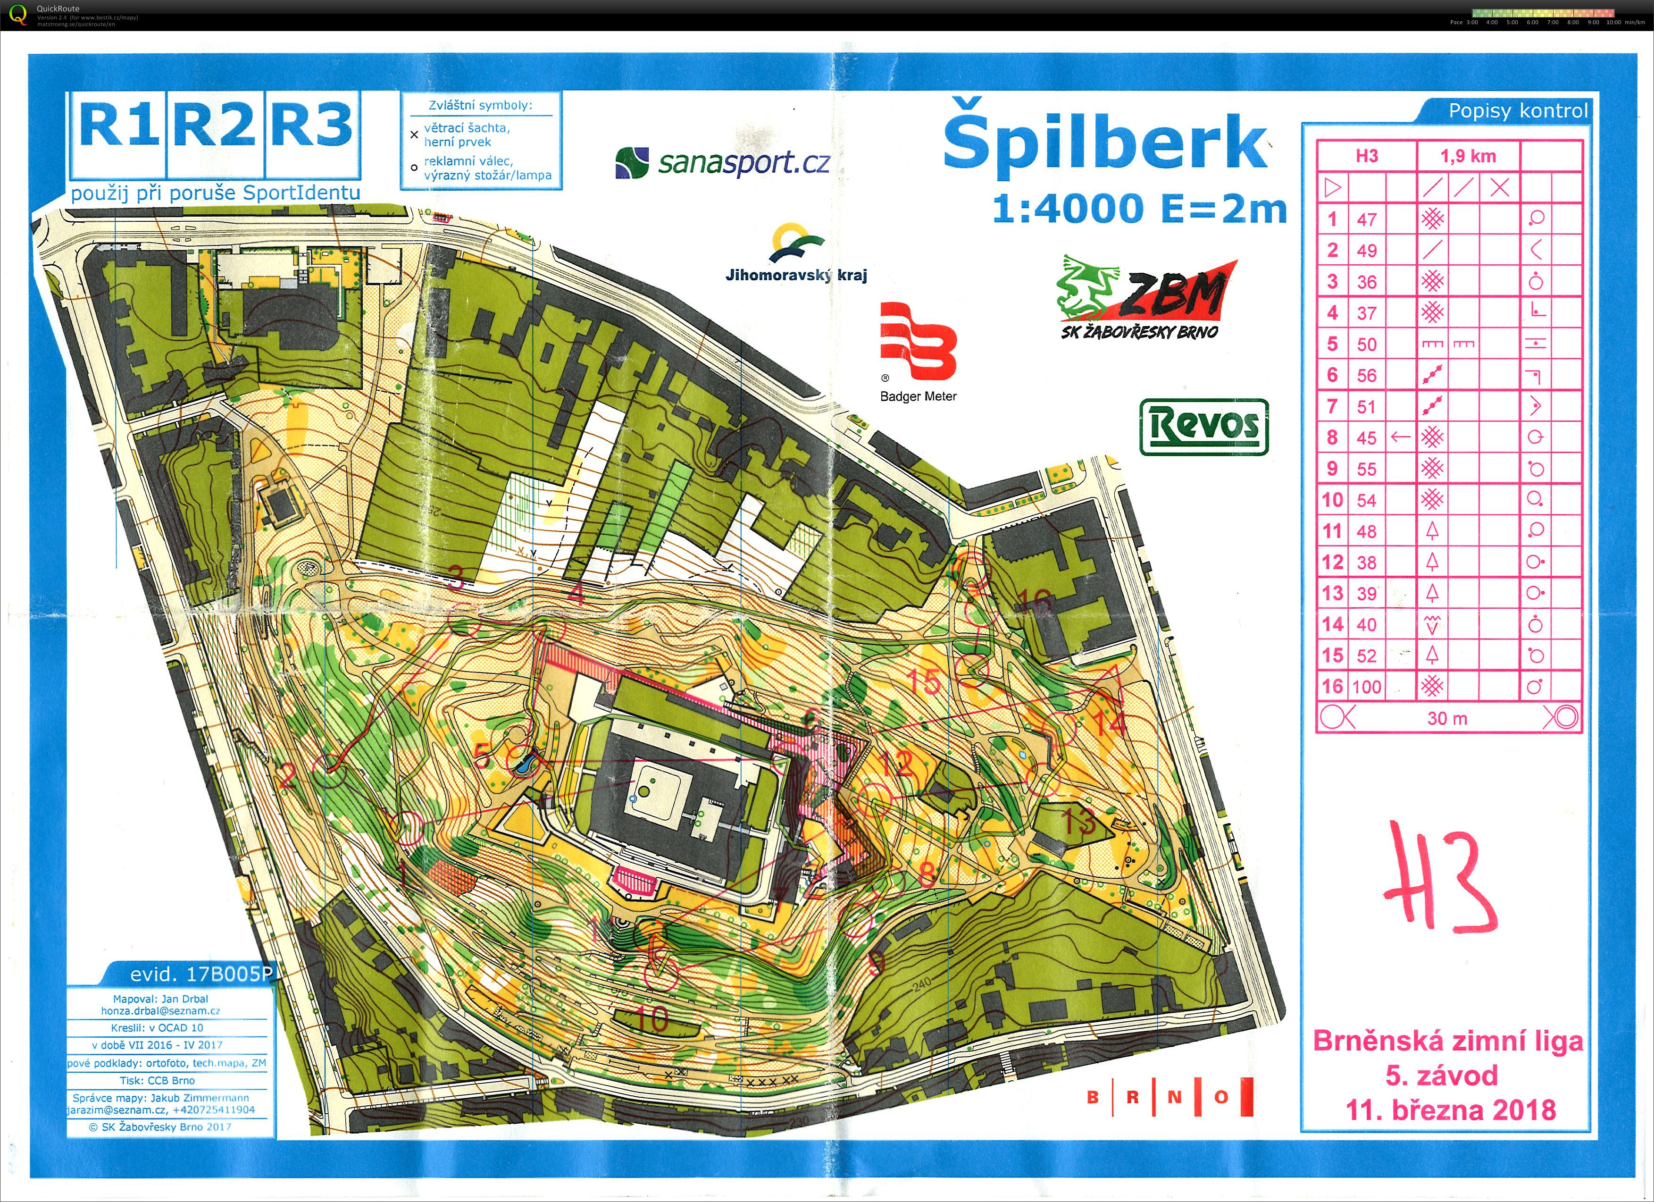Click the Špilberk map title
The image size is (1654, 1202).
1105,143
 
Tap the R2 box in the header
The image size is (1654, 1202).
216,126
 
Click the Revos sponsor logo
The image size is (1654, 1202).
1203,426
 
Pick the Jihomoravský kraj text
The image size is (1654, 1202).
796,275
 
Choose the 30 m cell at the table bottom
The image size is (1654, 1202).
1447,718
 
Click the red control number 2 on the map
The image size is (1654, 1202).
287,774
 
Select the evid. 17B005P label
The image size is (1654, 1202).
200,975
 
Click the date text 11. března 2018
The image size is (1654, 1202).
1450,1110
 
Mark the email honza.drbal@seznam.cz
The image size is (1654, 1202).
160,1011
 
